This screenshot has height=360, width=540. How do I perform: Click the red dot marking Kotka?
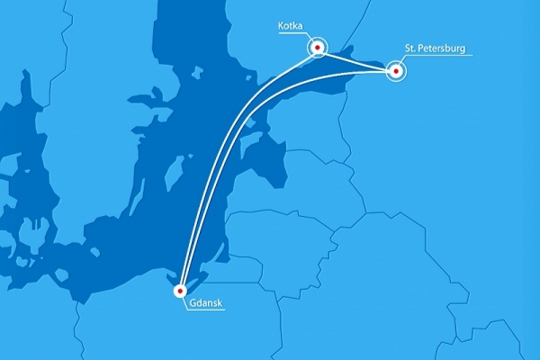point(317,47)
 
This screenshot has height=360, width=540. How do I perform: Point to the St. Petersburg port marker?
point(396,71)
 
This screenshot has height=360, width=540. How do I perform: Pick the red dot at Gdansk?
point(180,291)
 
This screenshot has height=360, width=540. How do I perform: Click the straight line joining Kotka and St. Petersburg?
point(356,59)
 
